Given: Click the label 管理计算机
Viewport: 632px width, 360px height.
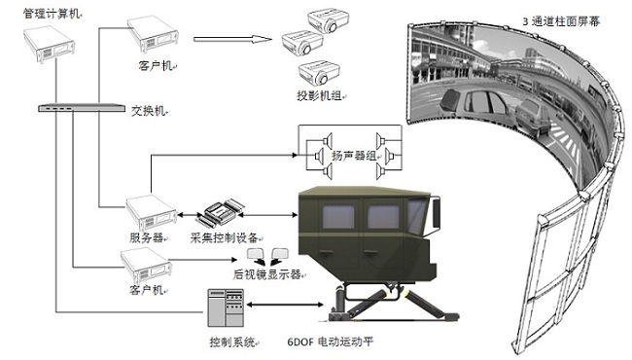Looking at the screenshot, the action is pyautogui.click(x=52, y=15).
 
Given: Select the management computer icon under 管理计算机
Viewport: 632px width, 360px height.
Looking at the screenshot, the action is pyautogui.click(x=49, y=44).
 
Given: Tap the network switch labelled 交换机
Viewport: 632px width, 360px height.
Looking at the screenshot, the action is pyautogui.click(x=82, y=108).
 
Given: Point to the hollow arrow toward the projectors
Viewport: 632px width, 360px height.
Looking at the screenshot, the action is pyautogui.click(x=232, y=39).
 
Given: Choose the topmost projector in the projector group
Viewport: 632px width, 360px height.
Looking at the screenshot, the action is pyautogui.click(x=329, y=20).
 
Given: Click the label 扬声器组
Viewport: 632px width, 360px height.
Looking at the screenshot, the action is pyautogui.click(x=354, y=156).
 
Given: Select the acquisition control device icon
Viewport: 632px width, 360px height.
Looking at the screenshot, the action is pyautogui.click(x=220, y=212).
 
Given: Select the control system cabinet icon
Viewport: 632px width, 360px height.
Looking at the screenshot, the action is pyautogui.click(x=226, y=307).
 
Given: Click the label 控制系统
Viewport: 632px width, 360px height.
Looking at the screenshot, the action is pyautogui.click(x=231, y=342).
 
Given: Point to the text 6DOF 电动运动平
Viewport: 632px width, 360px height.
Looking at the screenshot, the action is pyautogui.click(x=331, y=342).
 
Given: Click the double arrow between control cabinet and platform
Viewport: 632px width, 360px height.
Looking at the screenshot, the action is pyautogui.click(x=285, y=305).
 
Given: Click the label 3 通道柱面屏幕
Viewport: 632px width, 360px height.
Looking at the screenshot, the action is pyautogui.click(x=561, y=21).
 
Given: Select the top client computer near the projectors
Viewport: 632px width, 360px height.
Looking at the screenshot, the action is pyautogui.click(x=154, y=34).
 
